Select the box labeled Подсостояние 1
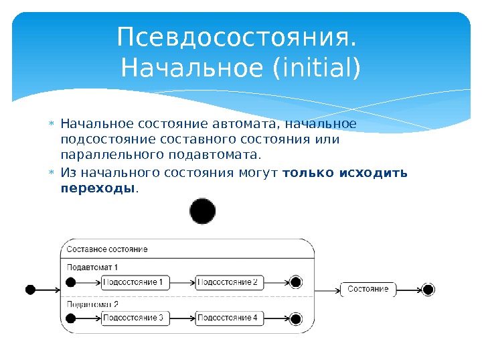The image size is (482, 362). [135, 282]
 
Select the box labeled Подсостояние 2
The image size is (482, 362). [229, 282]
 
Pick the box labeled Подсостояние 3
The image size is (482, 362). [135, 317]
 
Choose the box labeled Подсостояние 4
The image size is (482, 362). [229, 317]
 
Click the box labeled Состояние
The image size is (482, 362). [368, 290]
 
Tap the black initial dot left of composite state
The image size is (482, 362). [30, 290]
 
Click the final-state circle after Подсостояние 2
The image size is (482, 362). [296, 282]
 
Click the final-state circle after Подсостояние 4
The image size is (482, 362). [296, 317]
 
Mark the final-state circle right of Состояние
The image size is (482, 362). [428, 290]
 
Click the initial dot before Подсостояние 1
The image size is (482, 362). [72, 282]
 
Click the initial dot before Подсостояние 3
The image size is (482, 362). [72, 317]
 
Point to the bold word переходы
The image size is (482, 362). [98, 188]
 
